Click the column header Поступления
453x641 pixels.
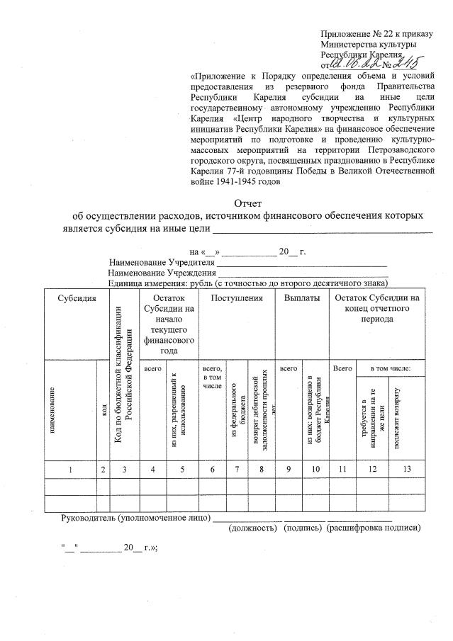[x=236, y=299]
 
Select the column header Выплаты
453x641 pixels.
[x=301, y=299]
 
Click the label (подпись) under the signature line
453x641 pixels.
[x=302, y=528]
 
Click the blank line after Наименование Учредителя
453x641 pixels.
[x=301, y=264]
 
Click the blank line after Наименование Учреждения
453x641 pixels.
[x=302, y=274]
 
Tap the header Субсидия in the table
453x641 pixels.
[x=78, y=299]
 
